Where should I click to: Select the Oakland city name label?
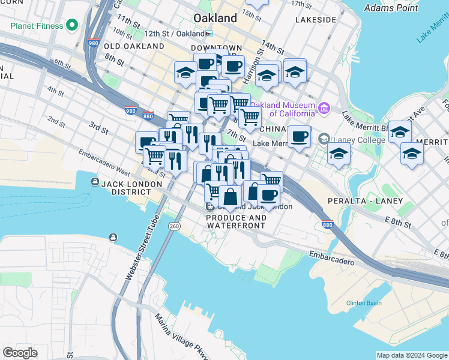point(215,18)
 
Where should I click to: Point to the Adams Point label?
point(391,8)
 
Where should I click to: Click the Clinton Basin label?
point(364,303)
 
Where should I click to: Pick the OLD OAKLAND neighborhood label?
point(134,46)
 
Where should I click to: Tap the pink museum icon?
point(324,109)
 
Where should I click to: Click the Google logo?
point(20,353)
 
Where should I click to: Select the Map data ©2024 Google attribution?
point(412,355)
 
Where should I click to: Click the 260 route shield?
point(174,226)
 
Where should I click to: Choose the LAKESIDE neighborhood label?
point(316,20)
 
